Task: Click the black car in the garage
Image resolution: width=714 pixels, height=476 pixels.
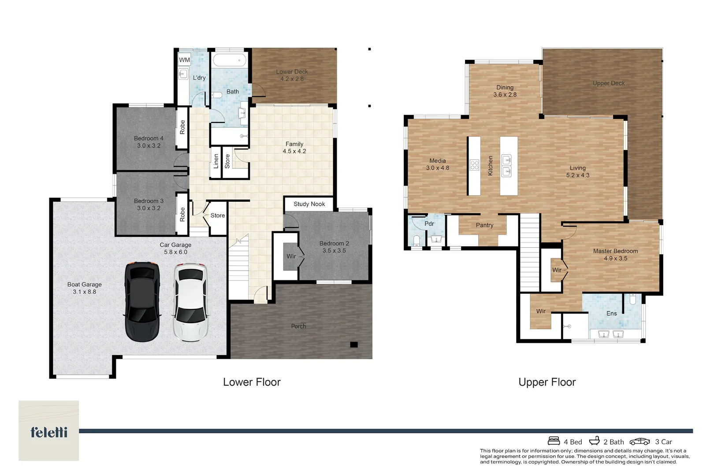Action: click(x=142, y=302)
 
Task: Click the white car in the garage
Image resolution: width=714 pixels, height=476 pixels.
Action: click(x=190, y=302)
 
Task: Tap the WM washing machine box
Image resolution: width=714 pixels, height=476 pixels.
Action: click(x=184, y=60)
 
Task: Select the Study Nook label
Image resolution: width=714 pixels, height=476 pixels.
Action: click(x=309, y=204)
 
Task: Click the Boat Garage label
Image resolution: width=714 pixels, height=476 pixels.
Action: click(x=85, y=284)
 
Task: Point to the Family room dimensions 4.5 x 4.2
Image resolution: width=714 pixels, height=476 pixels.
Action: click(x=294, y=152)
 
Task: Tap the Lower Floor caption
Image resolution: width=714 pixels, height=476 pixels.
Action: click(x=252, y=382)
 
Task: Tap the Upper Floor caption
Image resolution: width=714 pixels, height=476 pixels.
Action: click(x=547, y=382)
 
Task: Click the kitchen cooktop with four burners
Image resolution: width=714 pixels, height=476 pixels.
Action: click(x=474, y=165)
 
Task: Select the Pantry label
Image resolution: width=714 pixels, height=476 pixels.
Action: click(x=484, y=225)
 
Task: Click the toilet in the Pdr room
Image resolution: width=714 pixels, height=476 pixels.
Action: click(x=416, y=240)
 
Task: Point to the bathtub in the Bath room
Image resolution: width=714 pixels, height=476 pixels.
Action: click(x=230, y=60)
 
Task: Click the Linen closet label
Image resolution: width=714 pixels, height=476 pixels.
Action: click(x=216, y=161)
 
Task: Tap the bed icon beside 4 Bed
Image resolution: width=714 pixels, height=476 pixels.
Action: click(x=554, y=441)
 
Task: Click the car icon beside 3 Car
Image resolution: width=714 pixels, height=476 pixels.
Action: click(x=640, y=442)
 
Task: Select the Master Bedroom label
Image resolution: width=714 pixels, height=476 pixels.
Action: click(x=616, y=251)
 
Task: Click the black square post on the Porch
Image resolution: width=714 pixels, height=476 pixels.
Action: click(x=354, y=345)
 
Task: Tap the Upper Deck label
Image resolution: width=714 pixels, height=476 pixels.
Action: click(x=609, y=83)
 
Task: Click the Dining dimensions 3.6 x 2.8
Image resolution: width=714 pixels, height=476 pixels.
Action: click(x=505, y=95)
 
